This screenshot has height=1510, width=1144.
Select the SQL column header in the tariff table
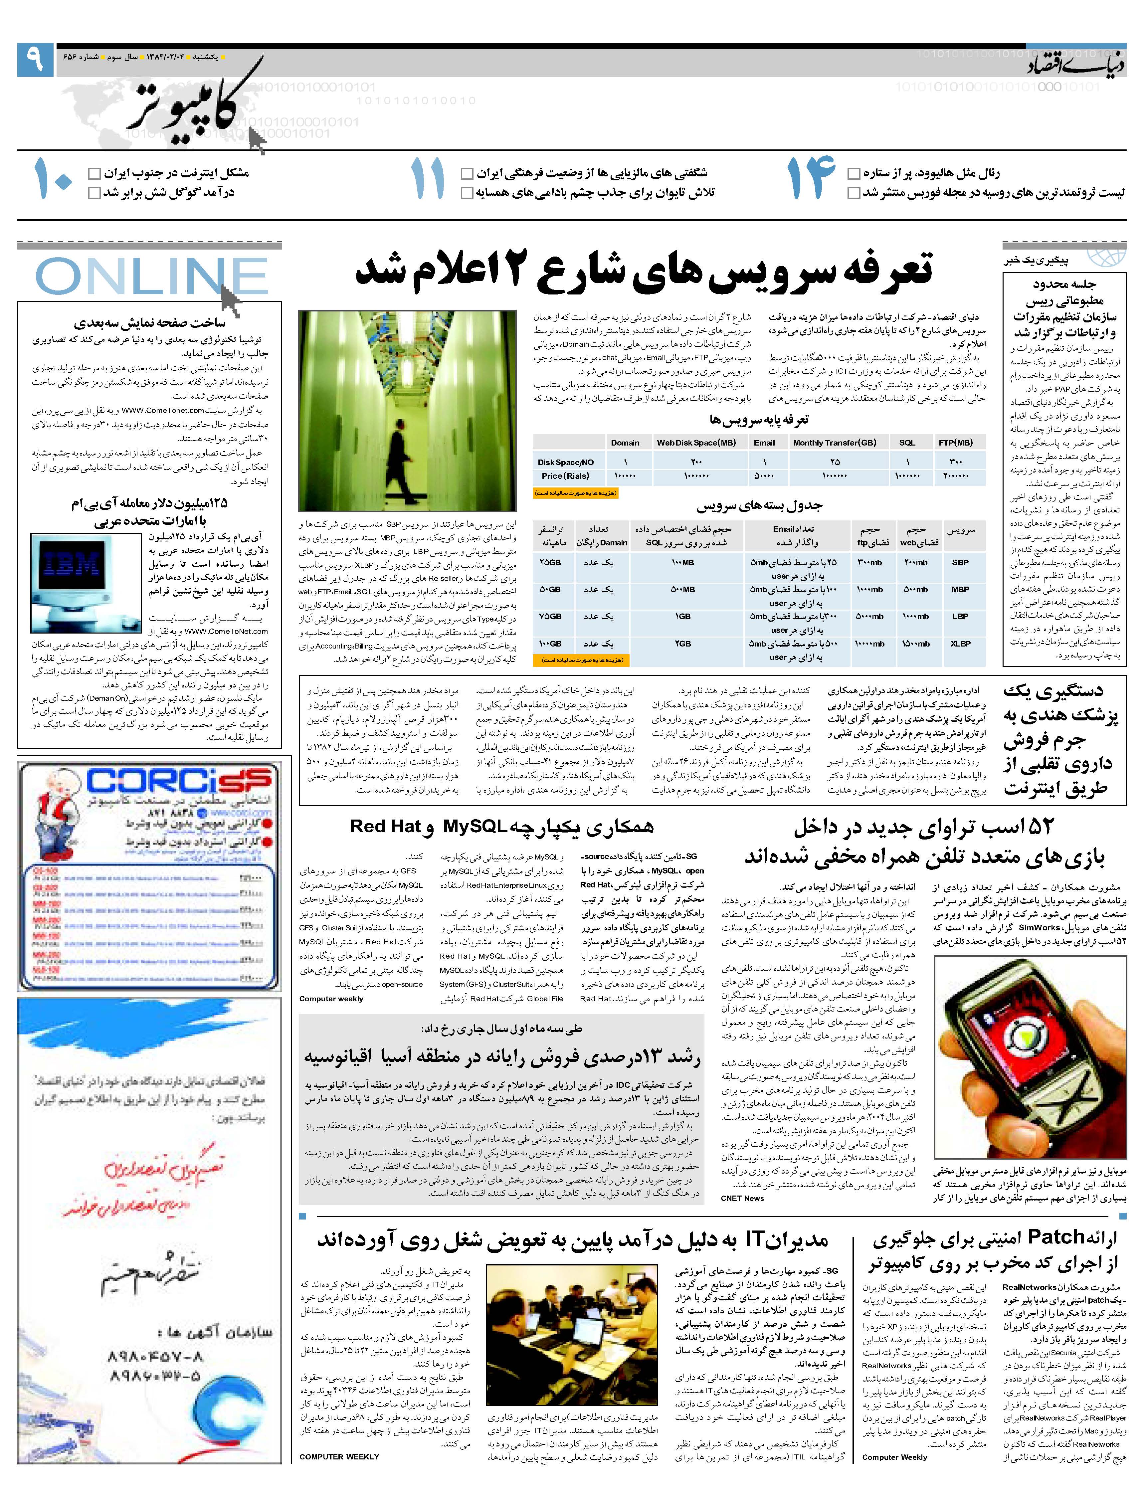tap(906, 442)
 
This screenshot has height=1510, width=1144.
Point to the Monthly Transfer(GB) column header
tap(834, 442)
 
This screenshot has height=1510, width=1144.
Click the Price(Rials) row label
tap(565, 476)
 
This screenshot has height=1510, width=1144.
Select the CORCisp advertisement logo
tap(179, 780)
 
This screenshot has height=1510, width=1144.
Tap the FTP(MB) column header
tap(955, 442)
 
